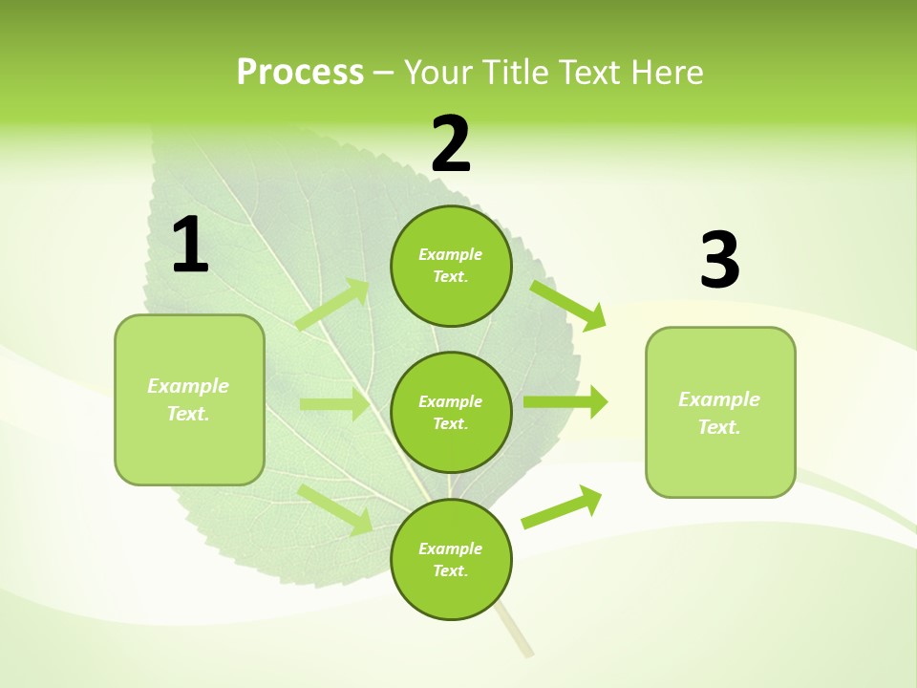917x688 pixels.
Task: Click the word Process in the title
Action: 300,73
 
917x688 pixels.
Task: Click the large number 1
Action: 190,246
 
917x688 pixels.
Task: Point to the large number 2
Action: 451,144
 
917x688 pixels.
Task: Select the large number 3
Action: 719,261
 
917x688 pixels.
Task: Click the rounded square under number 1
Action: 189,399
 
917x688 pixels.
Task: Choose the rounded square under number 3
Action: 720,413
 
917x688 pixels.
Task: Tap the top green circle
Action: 451,266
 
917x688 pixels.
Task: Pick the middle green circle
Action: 451,412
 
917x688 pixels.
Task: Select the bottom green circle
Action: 451,559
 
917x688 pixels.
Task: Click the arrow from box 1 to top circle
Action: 333,304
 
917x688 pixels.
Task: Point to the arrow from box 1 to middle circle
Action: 334,404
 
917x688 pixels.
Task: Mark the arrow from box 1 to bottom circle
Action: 335,509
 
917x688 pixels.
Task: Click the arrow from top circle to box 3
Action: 568,305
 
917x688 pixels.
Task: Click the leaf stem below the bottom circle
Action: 516,634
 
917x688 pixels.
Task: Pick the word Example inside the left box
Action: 188,386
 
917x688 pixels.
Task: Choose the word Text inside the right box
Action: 718,427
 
